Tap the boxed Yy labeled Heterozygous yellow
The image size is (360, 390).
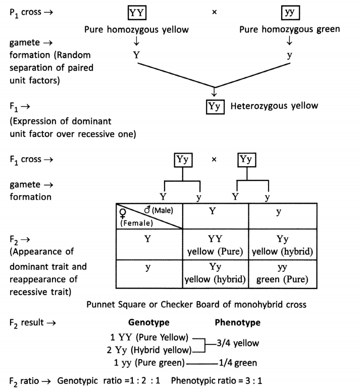click(x=215, y=107)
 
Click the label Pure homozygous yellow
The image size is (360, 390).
click(x=136, y=29)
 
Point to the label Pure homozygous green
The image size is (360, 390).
click(x=289, y=29)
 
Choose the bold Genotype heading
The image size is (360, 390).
click(x=149, y=322)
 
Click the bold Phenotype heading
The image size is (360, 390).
click(x=237, y=322)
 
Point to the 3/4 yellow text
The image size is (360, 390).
click(x=237, y=344)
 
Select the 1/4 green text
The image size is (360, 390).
click(x=238, y=362)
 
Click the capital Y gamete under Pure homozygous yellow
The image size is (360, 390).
click(x=136, y=55)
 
